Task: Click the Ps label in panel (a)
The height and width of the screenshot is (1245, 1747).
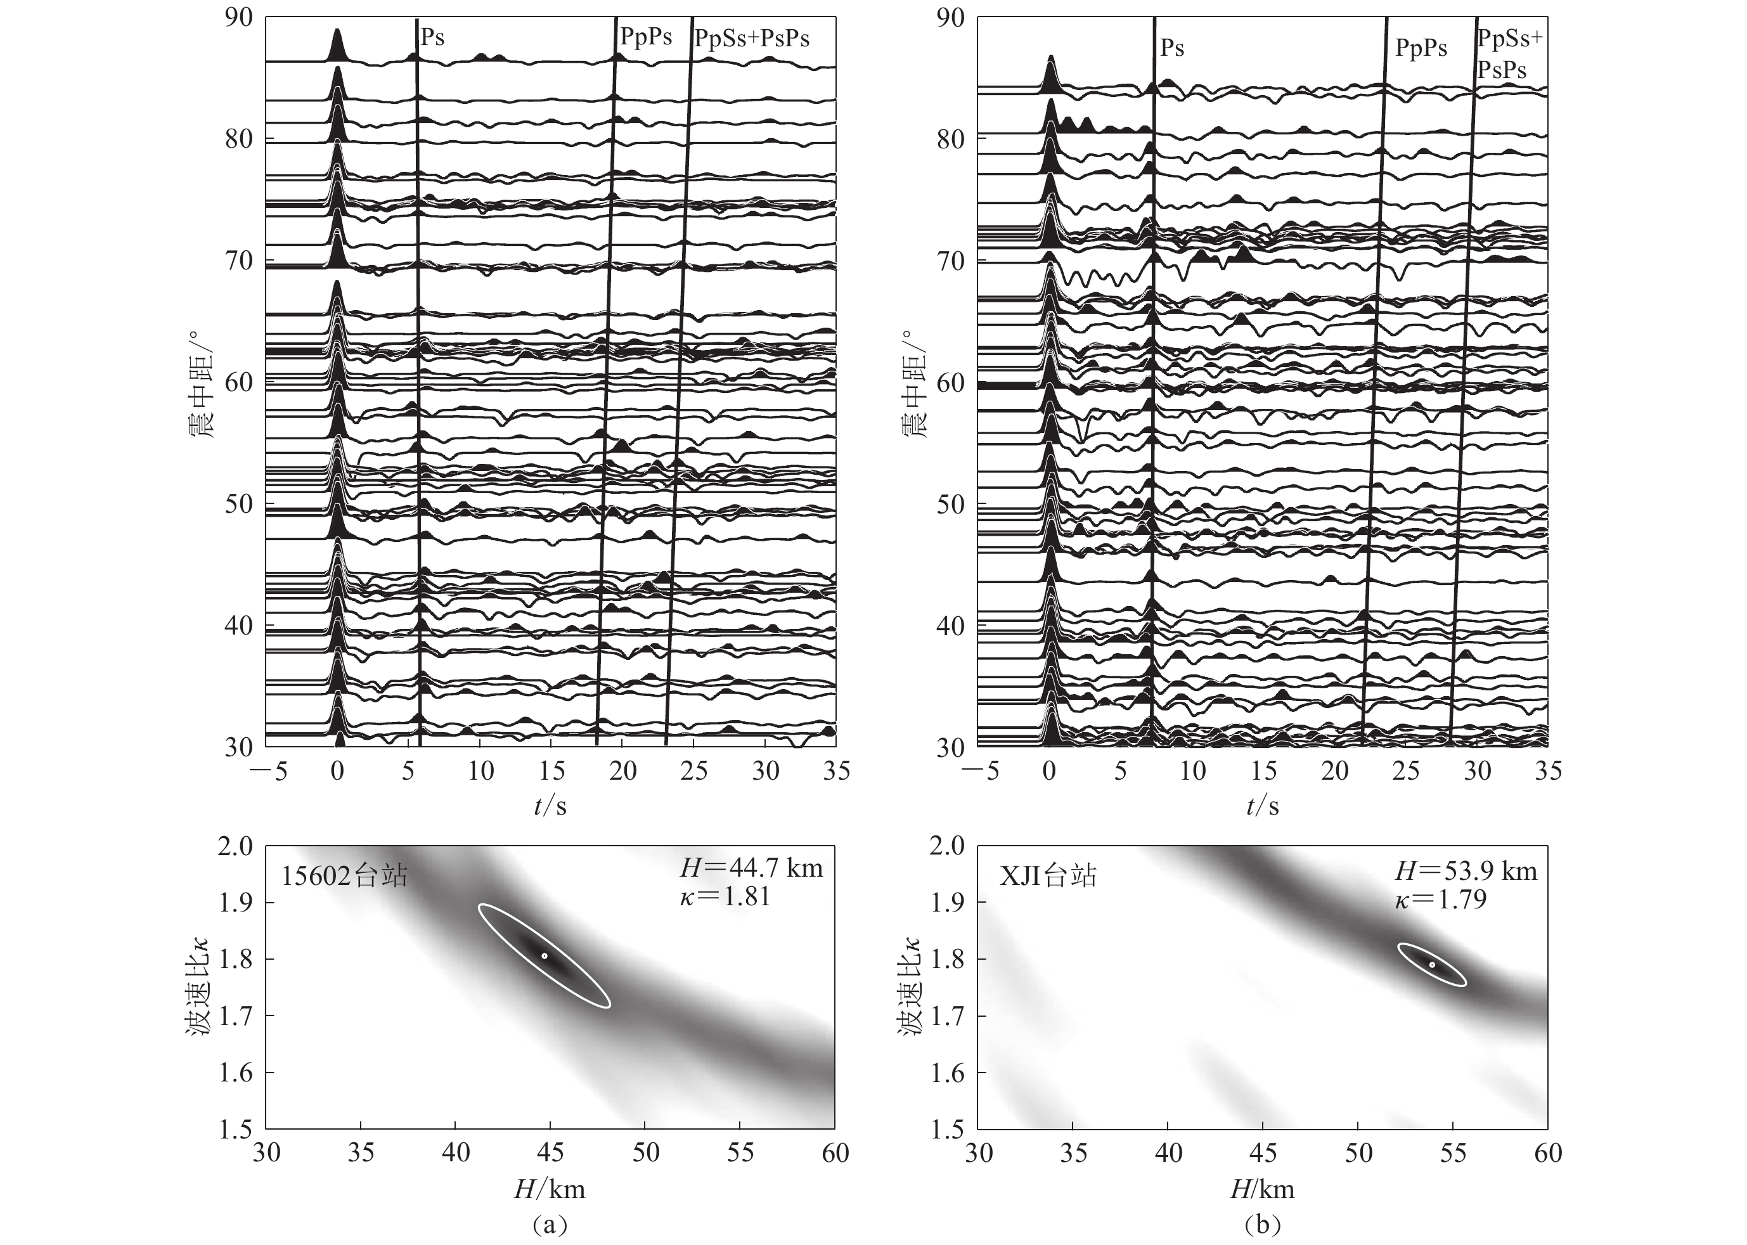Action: (432, 37)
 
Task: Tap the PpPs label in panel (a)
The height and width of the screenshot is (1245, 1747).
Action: (645, 37)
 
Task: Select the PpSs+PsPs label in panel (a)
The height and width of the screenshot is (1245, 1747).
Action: (752, 37)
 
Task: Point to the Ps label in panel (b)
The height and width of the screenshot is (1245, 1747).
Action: (1172, 48)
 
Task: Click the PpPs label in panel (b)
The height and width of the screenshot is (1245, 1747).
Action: (1421, 48)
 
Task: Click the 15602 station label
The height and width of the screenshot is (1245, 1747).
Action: (344, 875)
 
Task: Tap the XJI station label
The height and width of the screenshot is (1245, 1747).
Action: (1048, 875)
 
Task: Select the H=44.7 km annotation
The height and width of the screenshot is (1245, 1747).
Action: (751, 868)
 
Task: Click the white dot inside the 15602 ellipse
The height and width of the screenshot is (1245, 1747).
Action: (545, 956)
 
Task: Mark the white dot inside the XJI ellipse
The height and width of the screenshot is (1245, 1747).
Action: (1432, 964)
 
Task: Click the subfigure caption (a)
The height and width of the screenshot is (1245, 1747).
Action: (550, 1224)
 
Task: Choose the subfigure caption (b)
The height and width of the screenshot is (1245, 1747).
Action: (1262, 1224)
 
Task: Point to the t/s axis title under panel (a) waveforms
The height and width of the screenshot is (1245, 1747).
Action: (550, 806)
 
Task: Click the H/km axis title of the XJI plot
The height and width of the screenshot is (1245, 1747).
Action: (1262, 1189)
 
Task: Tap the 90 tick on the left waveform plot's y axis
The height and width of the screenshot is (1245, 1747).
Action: (238, 18)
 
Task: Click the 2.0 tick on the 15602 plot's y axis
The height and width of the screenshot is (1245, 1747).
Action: (235, 846)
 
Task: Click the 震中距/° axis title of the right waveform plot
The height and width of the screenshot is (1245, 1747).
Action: (913, 384)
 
